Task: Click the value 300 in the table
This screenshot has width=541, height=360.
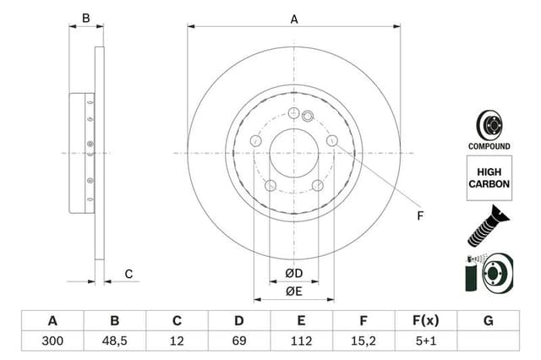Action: coord(52,341)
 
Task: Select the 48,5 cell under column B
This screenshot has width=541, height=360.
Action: coord(115,341)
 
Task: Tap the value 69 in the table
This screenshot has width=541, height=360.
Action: coord(239,341)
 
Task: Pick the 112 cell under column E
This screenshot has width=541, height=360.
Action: coord(302,341)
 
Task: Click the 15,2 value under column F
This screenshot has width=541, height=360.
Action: coord(363,341)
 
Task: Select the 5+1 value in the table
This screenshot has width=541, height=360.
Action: coord(426,341)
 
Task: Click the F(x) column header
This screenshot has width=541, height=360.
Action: coord(426,320)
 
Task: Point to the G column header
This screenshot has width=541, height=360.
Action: coord(488,320)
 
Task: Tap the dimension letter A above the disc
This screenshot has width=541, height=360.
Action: coord(294,19)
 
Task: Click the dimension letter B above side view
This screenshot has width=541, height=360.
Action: coord(86,19)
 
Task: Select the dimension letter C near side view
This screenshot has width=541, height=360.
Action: coord(128,273)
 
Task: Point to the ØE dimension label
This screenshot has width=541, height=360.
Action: coord(293,292)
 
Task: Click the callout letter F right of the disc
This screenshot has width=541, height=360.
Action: coord(418,215)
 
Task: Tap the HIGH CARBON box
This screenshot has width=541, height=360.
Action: coord(489,177)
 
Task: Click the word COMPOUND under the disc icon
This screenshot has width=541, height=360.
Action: coord(489,146)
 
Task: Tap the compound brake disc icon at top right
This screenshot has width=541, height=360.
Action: coord(489,125)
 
